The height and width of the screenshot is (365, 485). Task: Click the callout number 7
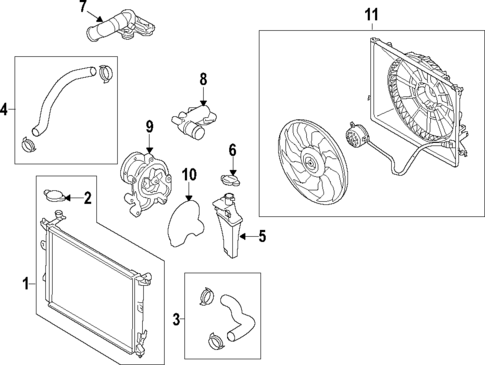[83, 6]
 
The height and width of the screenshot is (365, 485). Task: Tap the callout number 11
[372, 15]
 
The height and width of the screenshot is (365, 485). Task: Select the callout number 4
[4, 109]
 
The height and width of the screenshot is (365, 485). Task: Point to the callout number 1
[26, 284]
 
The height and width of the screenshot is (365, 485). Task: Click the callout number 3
[176, 319]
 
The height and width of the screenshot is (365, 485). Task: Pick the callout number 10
[189, 174]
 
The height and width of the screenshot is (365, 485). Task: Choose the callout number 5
[262, 236]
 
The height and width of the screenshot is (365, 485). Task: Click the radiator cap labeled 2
[53, 195]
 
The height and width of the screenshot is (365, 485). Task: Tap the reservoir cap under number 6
[231, 180]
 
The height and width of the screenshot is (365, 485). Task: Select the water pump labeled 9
[146, 185]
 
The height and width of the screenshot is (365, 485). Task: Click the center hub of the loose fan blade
[311, 163]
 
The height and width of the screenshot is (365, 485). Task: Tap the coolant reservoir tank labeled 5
[227, 226]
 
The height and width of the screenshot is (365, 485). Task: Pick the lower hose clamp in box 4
[29, 144]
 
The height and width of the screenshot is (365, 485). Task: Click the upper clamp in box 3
[208, 295]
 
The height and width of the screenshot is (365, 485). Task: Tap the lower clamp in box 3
[216, 340]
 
